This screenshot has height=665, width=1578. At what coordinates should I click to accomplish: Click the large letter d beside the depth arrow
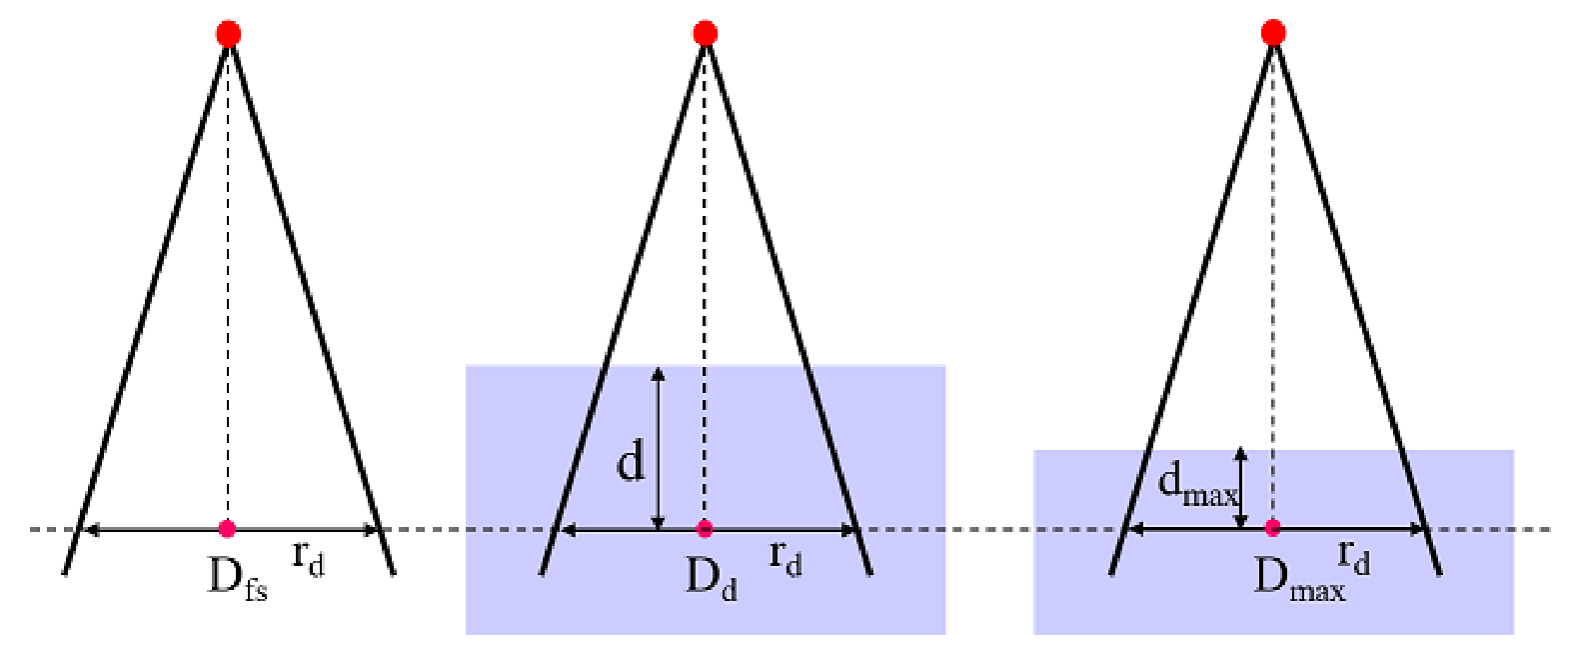pos(631,464)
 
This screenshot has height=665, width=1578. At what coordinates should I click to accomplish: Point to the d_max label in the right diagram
pos(1197,487)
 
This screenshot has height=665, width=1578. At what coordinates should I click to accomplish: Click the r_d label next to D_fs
pos(309,561)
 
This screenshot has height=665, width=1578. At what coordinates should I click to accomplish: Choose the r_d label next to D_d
pos(786,561)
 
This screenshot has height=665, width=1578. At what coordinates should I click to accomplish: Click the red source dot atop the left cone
pos(228,33)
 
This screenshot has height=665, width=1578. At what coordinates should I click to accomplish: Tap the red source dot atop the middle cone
pos(706,33)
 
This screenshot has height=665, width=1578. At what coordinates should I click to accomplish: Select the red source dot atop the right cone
pos(1273,32)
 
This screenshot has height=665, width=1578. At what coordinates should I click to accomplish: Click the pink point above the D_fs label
pos(227,528)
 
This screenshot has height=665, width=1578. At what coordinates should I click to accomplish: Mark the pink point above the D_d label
pos(704,528)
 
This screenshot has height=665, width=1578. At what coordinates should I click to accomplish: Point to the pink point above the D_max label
pos(1272,527)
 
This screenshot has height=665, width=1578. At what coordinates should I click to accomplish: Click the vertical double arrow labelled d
pos(658,448)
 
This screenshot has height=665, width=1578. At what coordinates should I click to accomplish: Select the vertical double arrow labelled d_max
pos(1241,487)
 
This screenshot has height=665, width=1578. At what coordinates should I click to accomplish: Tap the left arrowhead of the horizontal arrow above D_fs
pos(91,529)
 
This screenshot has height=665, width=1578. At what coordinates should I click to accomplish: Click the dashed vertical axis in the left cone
pos(228,282)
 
